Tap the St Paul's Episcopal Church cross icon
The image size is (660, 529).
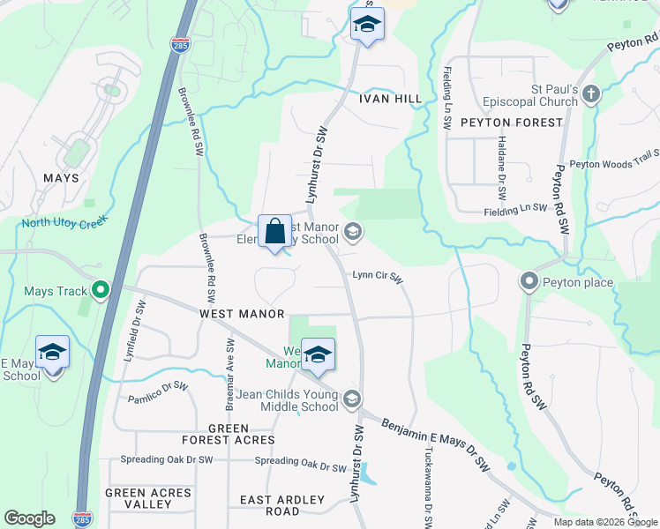591,93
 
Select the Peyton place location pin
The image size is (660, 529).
529,281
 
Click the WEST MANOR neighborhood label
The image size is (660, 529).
242,314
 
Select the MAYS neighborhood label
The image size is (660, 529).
61,178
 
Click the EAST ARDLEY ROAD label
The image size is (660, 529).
282,505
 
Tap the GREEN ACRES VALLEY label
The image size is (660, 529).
148,498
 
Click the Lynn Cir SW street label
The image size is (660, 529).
378,276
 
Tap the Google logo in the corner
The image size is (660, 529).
29,518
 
